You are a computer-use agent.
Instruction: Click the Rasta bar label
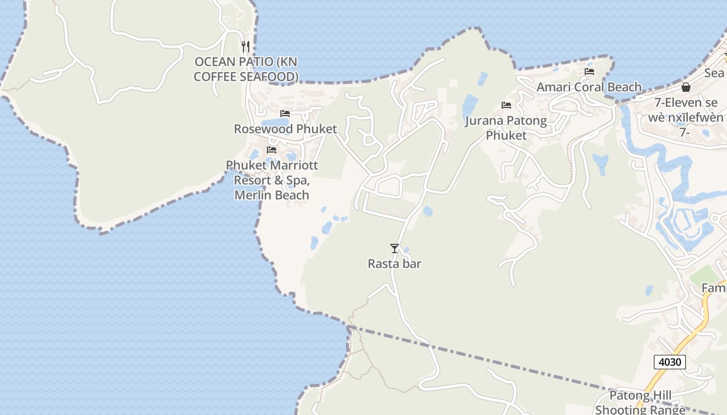394,264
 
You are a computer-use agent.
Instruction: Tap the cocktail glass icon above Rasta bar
395,248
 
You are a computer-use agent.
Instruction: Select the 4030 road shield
669,362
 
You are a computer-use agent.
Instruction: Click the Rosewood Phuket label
285,129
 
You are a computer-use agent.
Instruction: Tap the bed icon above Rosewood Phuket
285,114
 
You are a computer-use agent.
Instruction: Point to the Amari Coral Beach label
589,87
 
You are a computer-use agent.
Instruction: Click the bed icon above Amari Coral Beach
589,72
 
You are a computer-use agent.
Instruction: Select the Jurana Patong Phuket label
506,128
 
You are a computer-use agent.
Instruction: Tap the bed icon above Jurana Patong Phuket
506,105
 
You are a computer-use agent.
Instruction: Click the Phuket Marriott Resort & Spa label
272,180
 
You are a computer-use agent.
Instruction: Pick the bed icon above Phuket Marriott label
271,150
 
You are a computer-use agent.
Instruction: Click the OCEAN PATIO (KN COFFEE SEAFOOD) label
246,69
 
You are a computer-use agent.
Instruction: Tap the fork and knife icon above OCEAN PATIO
246,46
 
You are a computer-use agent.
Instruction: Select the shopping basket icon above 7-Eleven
685,87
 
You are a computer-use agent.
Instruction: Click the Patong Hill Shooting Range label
640,403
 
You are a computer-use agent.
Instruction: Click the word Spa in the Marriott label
299,180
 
